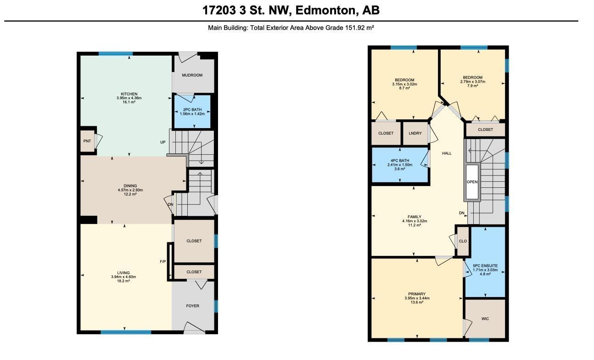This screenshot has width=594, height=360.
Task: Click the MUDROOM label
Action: tap(192, 75)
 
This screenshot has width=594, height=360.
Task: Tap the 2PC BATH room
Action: tap(192, 112)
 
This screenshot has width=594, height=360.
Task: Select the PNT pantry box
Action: tap(87, 141)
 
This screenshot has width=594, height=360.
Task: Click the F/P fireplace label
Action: tap(163, 262)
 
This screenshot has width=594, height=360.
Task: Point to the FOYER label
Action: tap(192, 306)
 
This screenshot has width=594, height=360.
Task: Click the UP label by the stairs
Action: tap(163, 142)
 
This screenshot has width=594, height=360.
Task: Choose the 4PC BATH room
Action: tap(400, 164)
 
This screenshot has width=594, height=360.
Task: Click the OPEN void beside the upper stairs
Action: tap(472, 182)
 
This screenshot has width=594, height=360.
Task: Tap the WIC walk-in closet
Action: tap(485, 319)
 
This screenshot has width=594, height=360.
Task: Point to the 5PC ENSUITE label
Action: tap(485, 266)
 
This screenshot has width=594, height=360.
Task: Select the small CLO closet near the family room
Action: tap(463, 241)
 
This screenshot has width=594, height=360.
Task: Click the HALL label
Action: tap(447, 153)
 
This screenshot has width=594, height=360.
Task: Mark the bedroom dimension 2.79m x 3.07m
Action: tap(472, 82)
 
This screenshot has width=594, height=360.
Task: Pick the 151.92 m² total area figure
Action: tap(359, 28)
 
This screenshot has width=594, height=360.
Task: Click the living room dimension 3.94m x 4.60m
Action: tap(123, 277)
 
